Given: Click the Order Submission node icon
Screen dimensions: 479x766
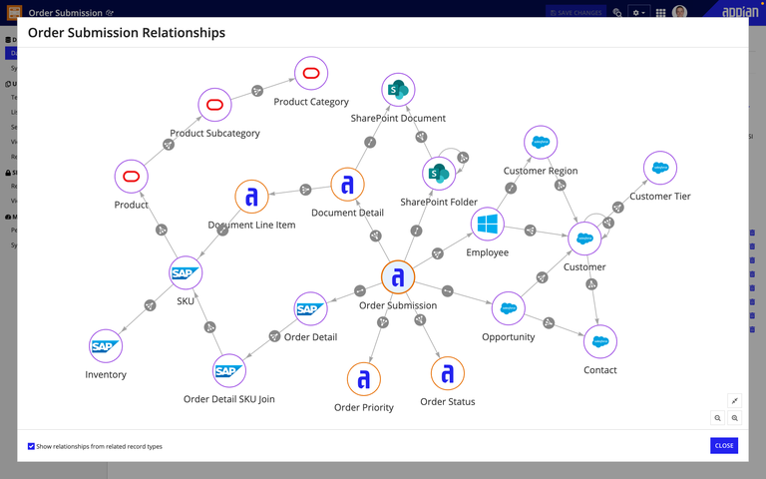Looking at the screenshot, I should pyautogui.click(x=398, y=278).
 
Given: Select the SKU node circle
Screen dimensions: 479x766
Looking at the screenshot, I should pyautogui.click(x=186, y=272).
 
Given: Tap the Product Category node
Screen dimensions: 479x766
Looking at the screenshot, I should pyautogui.click(x=311, y=74).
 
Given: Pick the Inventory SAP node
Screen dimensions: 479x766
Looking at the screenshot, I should pyautogui.click(x=106, y=346).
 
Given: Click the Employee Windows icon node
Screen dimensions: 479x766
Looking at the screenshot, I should pyautogui.click(x=488, y=225).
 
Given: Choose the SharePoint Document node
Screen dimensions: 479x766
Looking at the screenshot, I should pyautogui.click(x=398, y=90).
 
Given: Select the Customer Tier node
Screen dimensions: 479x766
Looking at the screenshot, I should pyautogui.click(x=660, y=169).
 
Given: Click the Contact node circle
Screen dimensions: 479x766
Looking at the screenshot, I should pyautogui.click(x=600, y=341).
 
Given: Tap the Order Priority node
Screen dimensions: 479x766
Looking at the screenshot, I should pyautogui.click(x=364, y=379).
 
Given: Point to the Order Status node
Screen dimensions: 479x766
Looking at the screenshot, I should pyautogui.click(x=448, y=373).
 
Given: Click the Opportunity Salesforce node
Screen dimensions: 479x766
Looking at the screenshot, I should pyautogui.click(x=509, y=308).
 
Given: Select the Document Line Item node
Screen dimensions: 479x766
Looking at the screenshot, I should pyautogui.click(x=252, y=197).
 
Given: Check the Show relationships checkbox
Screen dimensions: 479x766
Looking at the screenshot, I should pyautogui.click(x=32, y=446).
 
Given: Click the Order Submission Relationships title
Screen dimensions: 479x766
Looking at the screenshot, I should pyautogui.click(x=127, y=33).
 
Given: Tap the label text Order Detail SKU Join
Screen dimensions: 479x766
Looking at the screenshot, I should pyautogui.click(x=229, y=399).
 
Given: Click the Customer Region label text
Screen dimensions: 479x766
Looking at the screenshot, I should pyautogui.click(x=541, y=171).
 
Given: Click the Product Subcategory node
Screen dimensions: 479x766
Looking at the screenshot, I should pyautogui.click(x=214, y=105).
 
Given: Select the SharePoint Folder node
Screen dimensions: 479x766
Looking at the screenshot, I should pyautogui.click(x=439, y=174).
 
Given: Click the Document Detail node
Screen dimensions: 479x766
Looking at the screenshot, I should pyautogui.click(x=348, y=185).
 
